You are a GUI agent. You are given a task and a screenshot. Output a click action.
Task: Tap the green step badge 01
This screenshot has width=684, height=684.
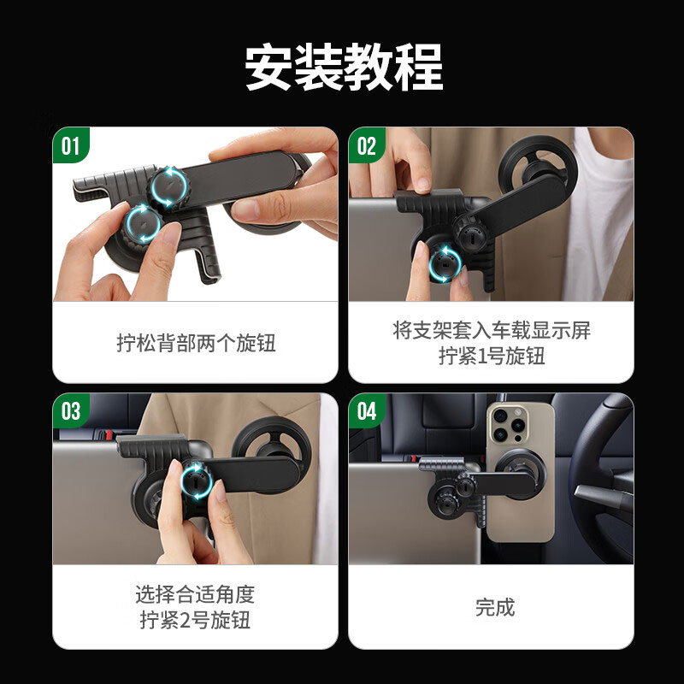coord(70,146)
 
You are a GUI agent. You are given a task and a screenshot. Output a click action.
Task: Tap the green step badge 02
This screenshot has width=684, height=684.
coord(366,146)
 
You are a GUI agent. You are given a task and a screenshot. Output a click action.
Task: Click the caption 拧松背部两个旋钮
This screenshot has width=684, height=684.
coord(196,344)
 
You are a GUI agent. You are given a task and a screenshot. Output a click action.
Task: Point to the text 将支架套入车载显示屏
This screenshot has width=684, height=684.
coord(492,331)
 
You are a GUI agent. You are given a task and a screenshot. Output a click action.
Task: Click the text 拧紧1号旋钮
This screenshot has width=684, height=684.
coord(492,357)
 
